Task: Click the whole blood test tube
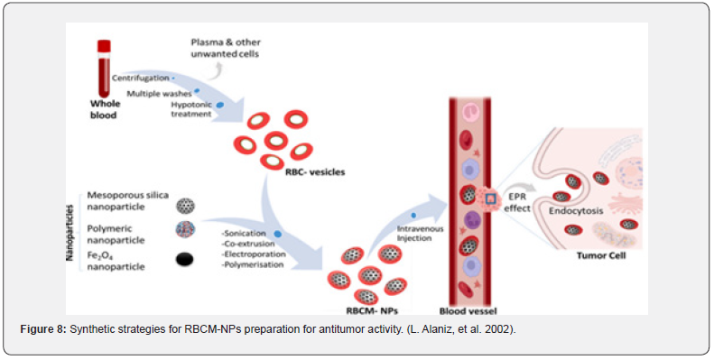(x=104, y=69)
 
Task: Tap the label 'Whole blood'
(x=105, y=109)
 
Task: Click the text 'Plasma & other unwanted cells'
(x=226, y=48)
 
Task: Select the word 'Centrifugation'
(x=140, y=78)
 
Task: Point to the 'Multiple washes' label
(x=160, y=94)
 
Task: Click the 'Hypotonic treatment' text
(x=191, y=109)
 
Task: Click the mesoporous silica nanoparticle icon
(x=185, y=207)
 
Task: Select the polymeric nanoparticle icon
(x=185, y=230)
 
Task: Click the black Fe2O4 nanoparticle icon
(x=184, y=260)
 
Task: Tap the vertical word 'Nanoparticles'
(x=70, y=233)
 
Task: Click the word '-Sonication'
(x=244, y=234)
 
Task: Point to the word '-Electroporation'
(x=254, y=254)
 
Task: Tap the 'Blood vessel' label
(x=468, y=311)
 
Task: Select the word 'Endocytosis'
(x=576, y=211)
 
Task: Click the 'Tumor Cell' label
(x=600, y=255)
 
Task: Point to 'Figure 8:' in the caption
(x=43, y=330)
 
